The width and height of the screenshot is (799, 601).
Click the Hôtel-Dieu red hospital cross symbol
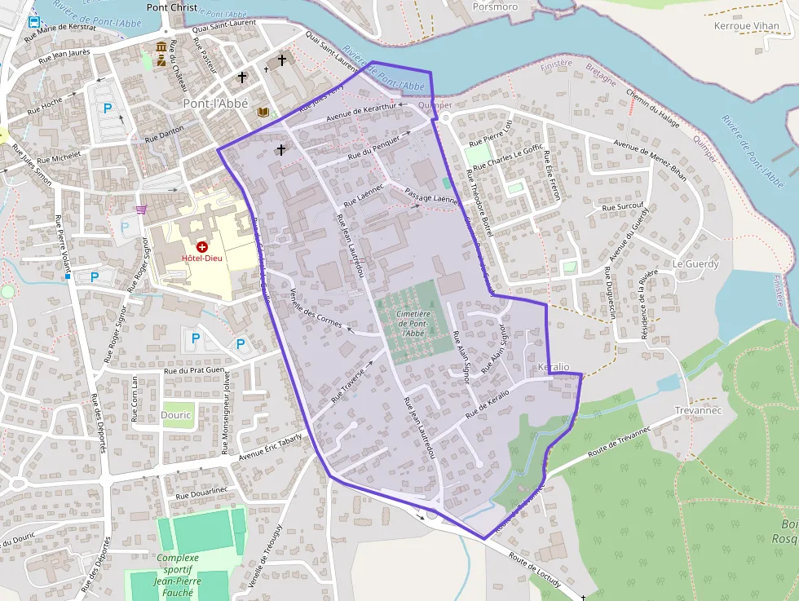(202, 245)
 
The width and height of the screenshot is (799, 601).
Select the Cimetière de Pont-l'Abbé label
(413, 323)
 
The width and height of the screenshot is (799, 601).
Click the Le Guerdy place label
(695, 264)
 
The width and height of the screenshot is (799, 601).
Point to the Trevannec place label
(699, 410)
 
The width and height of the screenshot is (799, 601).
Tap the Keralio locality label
(554, 368)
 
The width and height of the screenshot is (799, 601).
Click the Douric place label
(176, 414)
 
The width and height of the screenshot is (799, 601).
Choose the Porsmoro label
(495, 7)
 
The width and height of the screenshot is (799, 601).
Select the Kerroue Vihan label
(746, 26)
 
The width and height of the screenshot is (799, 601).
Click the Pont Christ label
(171, 7)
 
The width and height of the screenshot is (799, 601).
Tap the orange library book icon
(263, 112)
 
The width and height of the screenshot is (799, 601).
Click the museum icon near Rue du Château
(161, 46)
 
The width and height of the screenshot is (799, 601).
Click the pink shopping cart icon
(142, 210)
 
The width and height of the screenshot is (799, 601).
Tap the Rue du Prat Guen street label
(194, 370)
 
